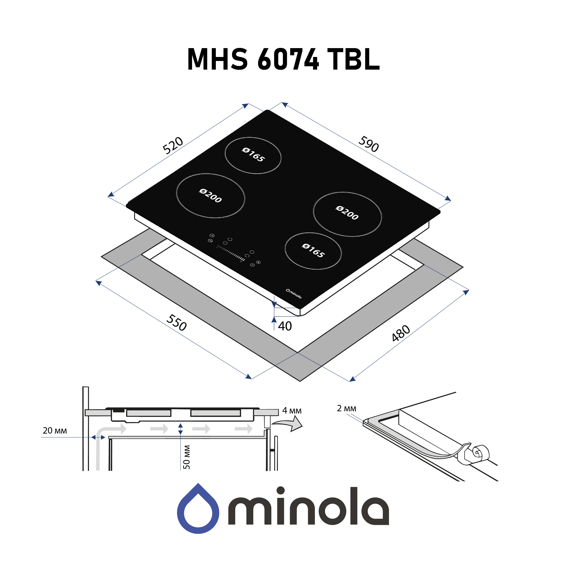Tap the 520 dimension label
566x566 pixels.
point(173,145)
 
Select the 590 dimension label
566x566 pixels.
point(368,144)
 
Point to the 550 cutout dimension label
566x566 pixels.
point(176,322)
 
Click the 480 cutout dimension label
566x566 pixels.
point(401,333)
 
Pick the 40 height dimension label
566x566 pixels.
point(285,326)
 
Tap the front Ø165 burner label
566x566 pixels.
point(313,251)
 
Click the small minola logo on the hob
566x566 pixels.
point(294,294)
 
